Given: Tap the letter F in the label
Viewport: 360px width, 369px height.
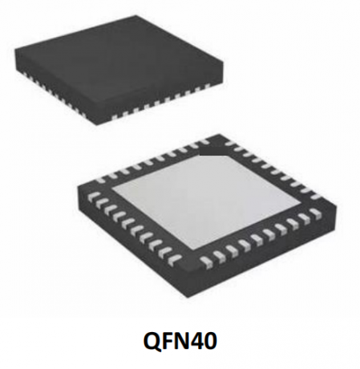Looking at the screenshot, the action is click(170, 341).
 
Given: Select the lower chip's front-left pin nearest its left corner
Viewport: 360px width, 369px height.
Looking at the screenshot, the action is click(93, 197).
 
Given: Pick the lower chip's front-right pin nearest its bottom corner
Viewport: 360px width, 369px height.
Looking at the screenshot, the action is click(206, 261).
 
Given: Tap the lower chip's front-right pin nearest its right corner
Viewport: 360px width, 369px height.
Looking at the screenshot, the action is click(316, 213).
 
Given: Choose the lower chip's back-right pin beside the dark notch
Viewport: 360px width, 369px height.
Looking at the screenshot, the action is click(230, 144).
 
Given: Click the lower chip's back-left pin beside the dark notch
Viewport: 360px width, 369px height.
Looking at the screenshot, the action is click(194, 144).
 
